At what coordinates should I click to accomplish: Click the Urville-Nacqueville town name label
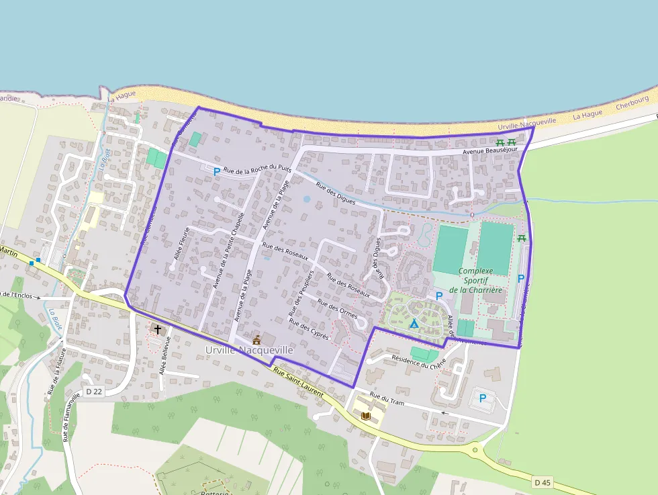coord(249,351)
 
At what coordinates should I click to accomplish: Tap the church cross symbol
coord(158,329)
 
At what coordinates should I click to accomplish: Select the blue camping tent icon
coord(414,324)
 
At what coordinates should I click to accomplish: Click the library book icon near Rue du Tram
coord(365,416)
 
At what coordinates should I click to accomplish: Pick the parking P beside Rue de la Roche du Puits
coord(216,172)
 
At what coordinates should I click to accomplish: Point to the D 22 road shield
coord(95,392)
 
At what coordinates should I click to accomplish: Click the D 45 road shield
coord(543,482)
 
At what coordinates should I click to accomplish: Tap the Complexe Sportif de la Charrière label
coord(475,280)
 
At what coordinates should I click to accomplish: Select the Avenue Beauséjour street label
coord(490,151)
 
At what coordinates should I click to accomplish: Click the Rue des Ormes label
coord(338,312)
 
